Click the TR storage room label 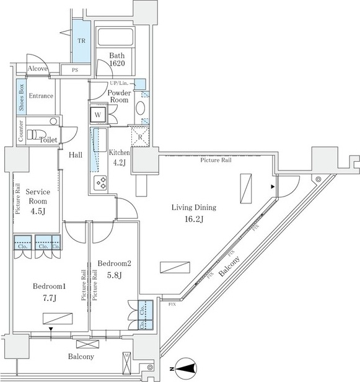tap(81, 42)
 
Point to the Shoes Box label tap(22, 98)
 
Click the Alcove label tap(37, 68)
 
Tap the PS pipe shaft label tap(76, 69)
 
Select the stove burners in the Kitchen tap(100, 182)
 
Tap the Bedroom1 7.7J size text tap(50, 297)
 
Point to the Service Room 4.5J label tap(38, 201)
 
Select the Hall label tap(76, 156)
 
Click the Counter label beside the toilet tap(22, 131)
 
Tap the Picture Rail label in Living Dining tap(216, 160)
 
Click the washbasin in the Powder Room tap(141, 109)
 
